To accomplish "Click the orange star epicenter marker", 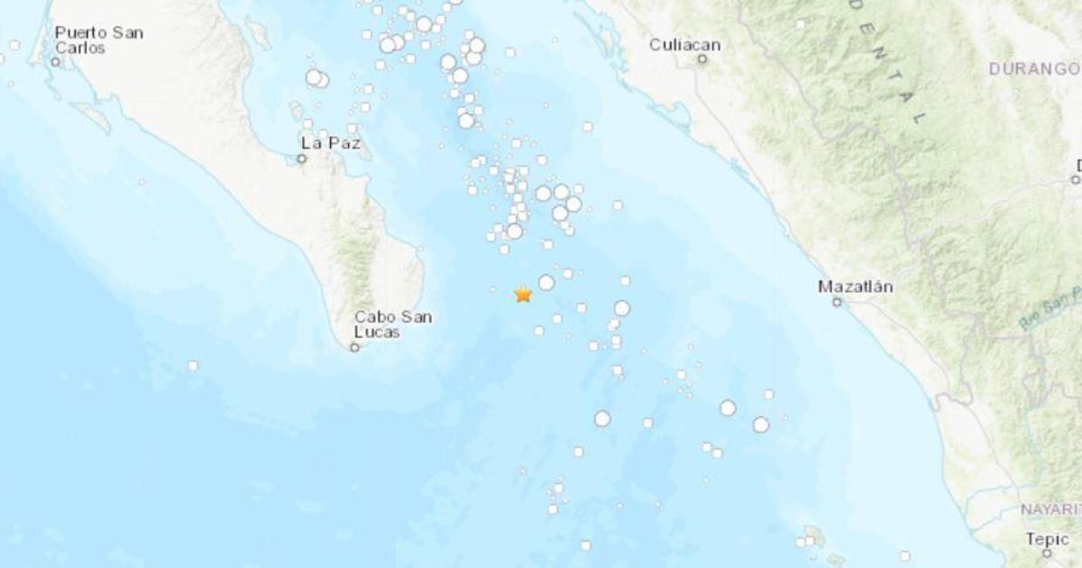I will click(x=522, y=294).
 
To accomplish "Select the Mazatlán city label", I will click(x=855, y=287).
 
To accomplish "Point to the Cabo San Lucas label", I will click(x=392, y=325).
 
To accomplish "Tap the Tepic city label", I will click(x=1046, y=538).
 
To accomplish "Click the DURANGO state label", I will click(x=1034, y=69).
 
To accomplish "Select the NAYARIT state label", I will click(x=1050, y=509).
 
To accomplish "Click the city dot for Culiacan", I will click(x=702, y=60).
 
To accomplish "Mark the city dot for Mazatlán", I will click(x=837, y=302).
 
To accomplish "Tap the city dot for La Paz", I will click(x=302, y=159).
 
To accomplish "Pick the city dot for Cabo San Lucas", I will click(x=354, y=346).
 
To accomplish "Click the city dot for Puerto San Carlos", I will click(x=56, y=62).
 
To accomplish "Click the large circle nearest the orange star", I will click(x=546, y=282).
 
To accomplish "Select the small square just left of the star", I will click(x=492, y=289).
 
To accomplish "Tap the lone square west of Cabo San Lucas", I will click(x=192, y=365).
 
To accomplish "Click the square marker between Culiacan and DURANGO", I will click(x=800, y=23).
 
